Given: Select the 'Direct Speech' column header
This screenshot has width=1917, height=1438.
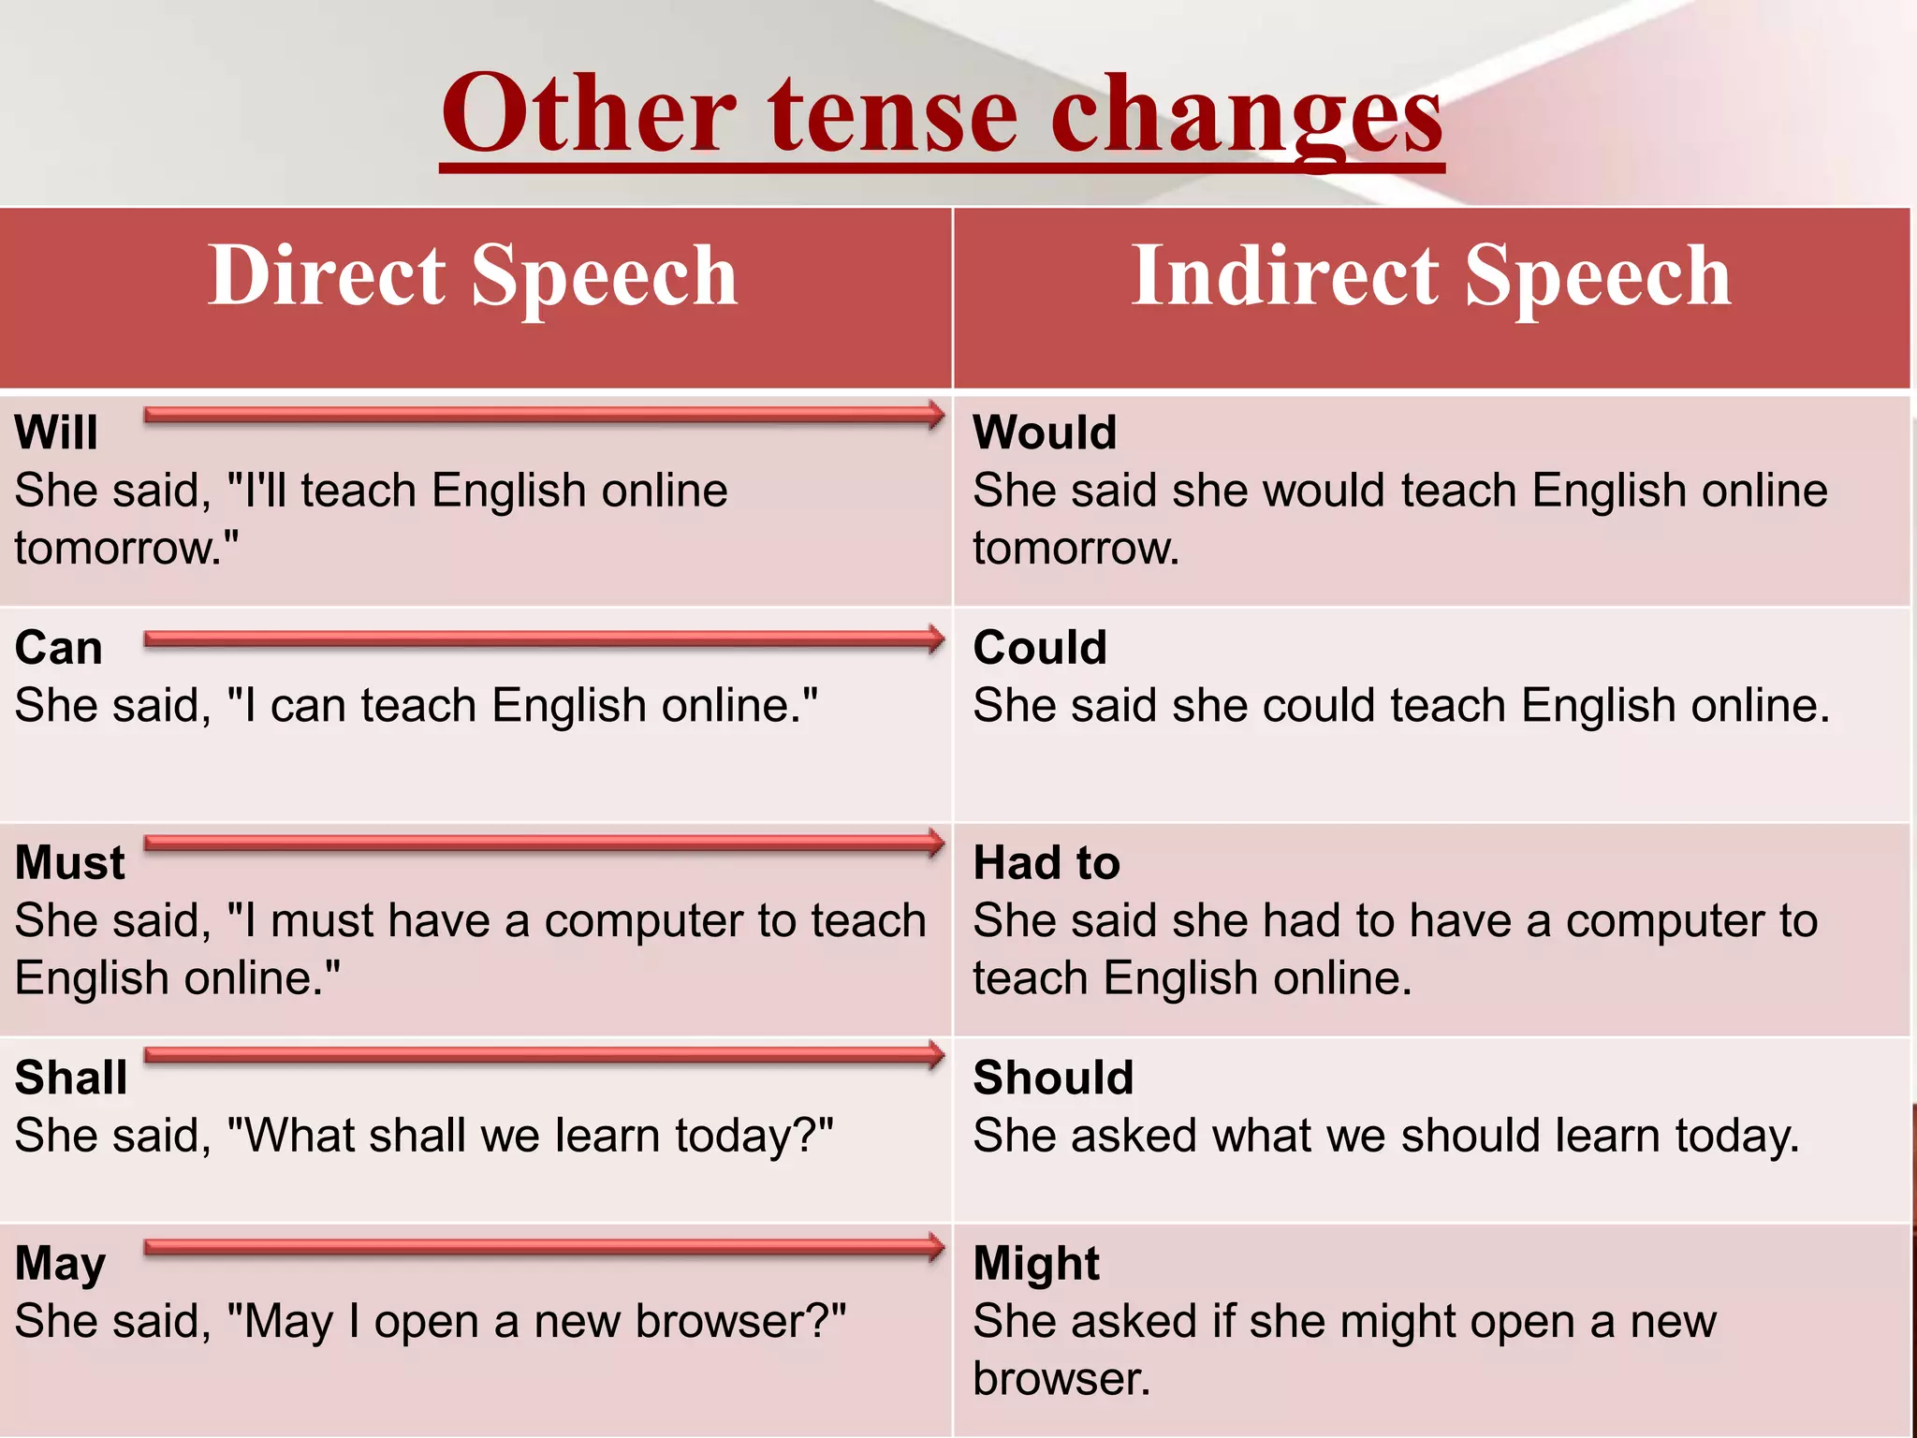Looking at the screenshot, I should point(473,275).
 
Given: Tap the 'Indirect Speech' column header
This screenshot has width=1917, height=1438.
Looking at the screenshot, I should point(1431,275).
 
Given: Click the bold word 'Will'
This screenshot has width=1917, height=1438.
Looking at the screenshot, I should point(56,433).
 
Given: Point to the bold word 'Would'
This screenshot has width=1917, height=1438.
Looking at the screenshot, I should point(1045,433).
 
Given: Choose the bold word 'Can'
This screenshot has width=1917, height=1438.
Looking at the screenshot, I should point(58,648).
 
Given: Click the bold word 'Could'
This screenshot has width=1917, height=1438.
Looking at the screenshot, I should point(1040,648).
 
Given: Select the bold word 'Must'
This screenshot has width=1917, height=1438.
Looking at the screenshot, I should point(70,862).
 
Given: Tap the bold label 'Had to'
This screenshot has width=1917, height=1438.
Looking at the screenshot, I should point(1046,862).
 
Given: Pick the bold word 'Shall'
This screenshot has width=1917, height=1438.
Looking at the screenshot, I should point(71,1078).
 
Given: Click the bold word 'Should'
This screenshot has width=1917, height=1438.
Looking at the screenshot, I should point(1053,1078).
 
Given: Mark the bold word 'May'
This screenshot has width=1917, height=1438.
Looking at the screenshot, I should point(60,1264).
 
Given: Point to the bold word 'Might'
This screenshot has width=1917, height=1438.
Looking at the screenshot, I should point(1036,1264).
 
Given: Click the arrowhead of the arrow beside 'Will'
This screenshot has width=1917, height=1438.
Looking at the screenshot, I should point(933,415).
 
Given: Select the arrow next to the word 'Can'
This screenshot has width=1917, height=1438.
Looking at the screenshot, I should point(543,639).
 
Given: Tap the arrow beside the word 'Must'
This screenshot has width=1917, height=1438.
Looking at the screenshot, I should point(543,843).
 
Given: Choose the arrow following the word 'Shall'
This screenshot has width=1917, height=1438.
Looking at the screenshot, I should point(543,1055).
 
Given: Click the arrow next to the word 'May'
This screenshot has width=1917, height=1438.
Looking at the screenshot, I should point(543,1247).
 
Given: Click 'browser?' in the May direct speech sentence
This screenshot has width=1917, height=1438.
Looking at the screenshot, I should point(739,1322).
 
